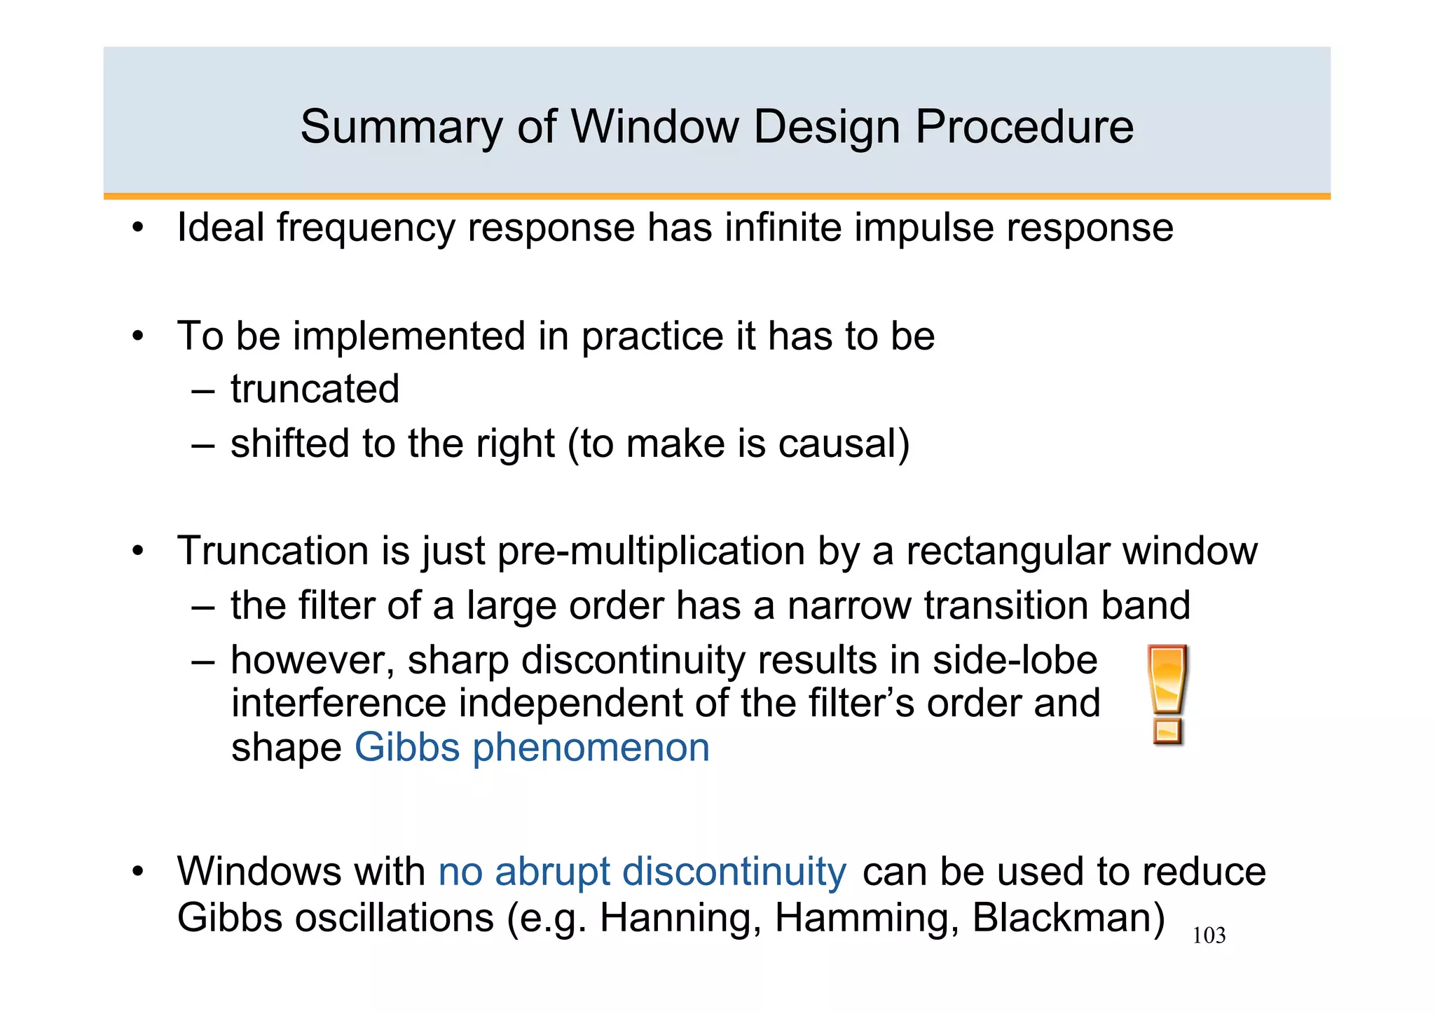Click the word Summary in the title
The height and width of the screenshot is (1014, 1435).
pos(401,128)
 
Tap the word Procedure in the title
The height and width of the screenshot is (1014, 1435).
pos(1024,128)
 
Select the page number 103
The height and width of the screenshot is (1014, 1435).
pos(1209,936)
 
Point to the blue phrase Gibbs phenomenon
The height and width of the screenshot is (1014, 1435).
pos(532,748)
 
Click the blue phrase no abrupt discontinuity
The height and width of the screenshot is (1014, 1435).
pos(642,872)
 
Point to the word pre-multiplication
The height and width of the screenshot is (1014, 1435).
pos(651,551)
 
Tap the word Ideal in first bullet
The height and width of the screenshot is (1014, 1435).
pos(220,228)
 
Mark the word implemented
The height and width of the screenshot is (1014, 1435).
pos(409,336)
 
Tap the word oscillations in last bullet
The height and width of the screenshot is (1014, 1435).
pos(394,918)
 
